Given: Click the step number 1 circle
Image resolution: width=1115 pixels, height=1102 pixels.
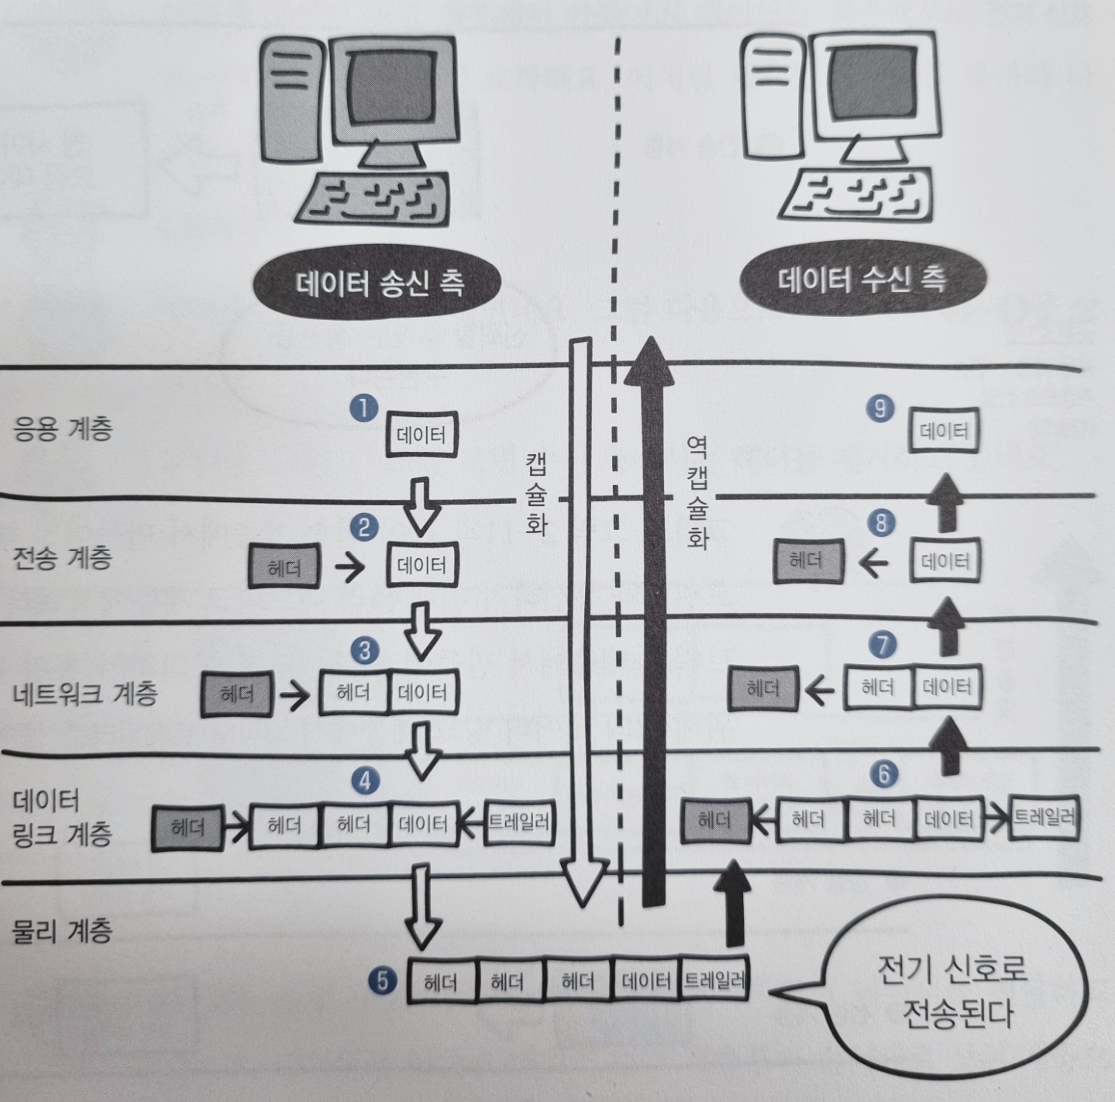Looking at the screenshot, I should pos(363,408).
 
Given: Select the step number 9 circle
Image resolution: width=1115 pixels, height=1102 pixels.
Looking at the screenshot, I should pos(879,408).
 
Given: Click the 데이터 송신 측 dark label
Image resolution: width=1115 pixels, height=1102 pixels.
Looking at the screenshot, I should pos(379,283).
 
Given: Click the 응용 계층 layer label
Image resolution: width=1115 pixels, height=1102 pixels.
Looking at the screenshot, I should pos(63,428).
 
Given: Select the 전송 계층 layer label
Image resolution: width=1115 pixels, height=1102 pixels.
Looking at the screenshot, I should pos(63,557).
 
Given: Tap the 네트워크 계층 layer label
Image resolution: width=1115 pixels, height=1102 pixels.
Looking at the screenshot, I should pos(85,692).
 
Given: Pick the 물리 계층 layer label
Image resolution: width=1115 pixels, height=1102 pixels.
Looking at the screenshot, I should pos(63,930).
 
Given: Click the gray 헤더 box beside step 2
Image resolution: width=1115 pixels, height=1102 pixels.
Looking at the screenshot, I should pos(284,567).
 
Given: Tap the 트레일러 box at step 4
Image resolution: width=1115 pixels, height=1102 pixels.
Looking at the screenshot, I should pos(518,821).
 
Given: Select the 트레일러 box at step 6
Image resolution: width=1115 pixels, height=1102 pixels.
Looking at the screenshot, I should pos(1044,817).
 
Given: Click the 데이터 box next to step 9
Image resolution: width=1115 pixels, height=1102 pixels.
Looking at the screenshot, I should pos(944,431).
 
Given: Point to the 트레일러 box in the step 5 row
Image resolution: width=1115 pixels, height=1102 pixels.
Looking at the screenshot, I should pos(714,982).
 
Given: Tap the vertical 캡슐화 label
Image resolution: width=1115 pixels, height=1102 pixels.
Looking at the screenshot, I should pos(536,494).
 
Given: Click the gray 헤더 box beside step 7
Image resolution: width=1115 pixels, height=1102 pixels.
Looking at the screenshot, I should pos(762,688).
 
